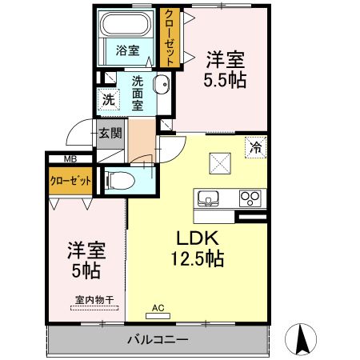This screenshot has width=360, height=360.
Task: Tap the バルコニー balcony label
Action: [x=158, y=340]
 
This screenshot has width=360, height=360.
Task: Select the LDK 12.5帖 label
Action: [x=194, y=248]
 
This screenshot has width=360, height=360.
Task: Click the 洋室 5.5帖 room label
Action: [x=226, y=70]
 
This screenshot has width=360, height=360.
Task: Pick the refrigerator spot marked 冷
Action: [x=256, y=147]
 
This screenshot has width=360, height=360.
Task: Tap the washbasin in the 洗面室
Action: [x=161, y=86]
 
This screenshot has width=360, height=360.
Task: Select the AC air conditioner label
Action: [x=158, y=306]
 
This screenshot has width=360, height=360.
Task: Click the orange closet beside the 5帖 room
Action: [x=70, y=182]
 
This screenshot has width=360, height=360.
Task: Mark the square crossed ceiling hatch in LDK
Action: [x=220, y=161]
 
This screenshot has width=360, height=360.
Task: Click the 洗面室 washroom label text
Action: [x=138, y=92]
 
